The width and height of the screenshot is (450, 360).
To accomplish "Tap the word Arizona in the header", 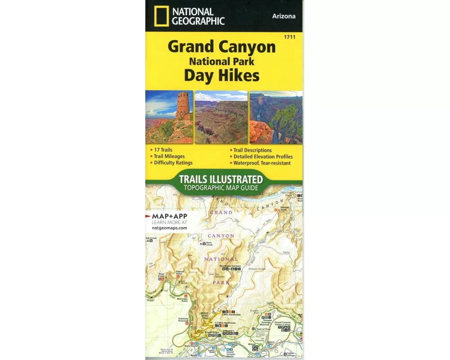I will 283,16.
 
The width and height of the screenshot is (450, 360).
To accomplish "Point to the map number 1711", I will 290,37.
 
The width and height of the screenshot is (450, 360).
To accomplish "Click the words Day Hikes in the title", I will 221,75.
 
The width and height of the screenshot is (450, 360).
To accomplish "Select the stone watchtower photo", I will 169,117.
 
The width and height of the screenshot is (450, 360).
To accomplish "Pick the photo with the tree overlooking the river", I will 276,117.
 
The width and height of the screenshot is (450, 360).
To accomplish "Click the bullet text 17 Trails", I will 162,150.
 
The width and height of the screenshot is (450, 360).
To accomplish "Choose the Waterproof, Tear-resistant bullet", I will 262,163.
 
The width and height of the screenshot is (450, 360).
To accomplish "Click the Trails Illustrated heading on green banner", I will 221,179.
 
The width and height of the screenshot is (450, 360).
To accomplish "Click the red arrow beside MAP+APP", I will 148,216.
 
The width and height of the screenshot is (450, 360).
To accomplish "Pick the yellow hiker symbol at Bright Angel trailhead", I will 206,335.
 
